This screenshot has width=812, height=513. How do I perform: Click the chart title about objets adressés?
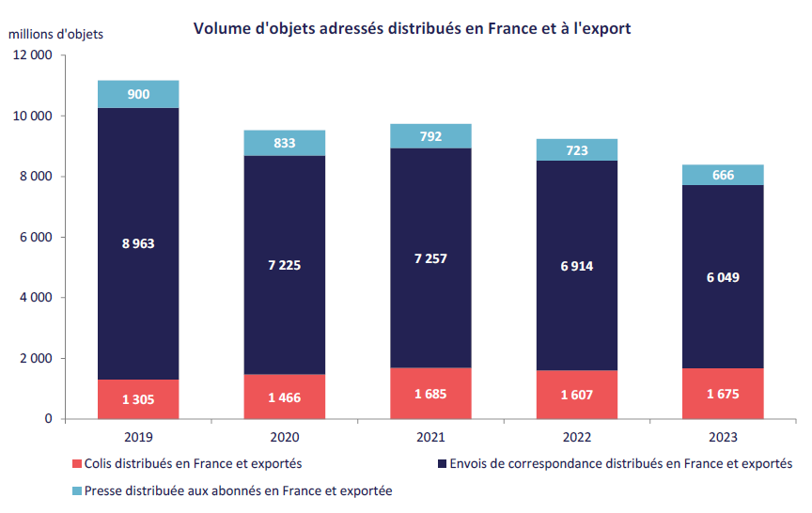412,28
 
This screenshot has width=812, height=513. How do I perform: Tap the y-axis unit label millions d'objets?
56,34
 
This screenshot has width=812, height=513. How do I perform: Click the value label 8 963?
138,243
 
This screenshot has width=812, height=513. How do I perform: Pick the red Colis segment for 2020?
284,397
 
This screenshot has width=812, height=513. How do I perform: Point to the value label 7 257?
430,257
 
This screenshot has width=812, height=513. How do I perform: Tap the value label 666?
723,175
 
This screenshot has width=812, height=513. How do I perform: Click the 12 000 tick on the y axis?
33,55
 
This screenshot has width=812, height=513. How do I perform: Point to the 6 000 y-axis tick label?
37,238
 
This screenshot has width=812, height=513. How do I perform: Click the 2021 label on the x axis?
430,438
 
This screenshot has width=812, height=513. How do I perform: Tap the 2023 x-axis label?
723,438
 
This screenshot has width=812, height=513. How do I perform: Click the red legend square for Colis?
77,463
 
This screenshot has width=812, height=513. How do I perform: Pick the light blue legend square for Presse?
77,490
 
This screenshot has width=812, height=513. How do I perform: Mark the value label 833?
284,143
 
